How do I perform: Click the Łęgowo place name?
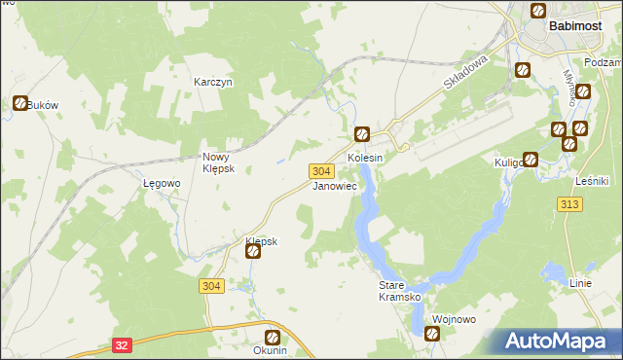pyautogui.click(x=162, y=183)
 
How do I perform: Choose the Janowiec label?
pyautogui.click(x=334, y=185)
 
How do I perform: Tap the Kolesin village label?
pyautogui.click(x=366, y=157)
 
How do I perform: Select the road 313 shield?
pyautogui.click(x=571, y=203)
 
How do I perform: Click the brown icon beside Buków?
pyautogui.click(x=20, y=103)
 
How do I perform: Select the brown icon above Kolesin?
pyautogui.click(x=362, y=135)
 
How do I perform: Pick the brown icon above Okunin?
pyautogui.click(x=272, y=337)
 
